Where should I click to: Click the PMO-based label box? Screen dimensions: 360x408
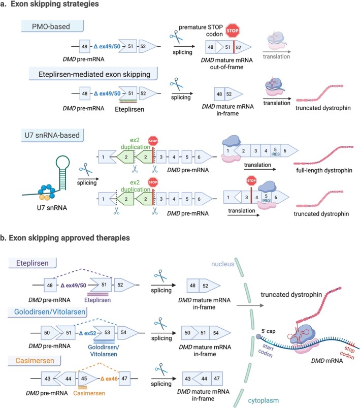(x=52, y=26)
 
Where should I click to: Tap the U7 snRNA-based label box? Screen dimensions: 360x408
(x=52, y=135)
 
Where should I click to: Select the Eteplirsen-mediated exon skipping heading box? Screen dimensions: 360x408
(x=93, y=74)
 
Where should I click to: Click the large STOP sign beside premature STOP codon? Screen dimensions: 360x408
(x=232, y=30)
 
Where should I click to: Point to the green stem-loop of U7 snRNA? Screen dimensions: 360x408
(x=62, y=172)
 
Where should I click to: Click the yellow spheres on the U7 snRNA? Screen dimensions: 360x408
(x=44, y=198)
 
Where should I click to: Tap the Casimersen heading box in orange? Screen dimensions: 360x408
(x=35, y=361)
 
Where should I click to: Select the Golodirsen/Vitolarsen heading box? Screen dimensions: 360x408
(x=48, y=312)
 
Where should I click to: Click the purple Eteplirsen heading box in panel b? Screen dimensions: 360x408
(x=32, y=263)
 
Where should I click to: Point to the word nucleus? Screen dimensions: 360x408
(x=223, y=264)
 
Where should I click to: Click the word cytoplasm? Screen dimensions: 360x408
(x=263, y=400)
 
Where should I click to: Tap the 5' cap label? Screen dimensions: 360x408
(x=268, y=331)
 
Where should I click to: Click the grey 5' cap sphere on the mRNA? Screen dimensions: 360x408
(x=258, y=336)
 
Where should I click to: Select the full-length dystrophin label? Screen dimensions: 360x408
(x=324, y=170)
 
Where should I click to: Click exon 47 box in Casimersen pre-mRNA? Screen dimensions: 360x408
(x=124, y=378)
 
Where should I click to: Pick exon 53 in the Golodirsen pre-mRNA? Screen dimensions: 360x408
(x=105, y=333)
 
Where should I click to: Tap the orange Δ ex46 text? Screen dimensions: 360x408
(x=109, y=379)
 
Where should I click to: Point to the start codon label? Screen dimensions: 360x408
(x=266, y=350)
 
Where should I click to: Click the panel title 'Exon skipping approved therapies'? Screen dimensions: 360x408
(x=69, y=238)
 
